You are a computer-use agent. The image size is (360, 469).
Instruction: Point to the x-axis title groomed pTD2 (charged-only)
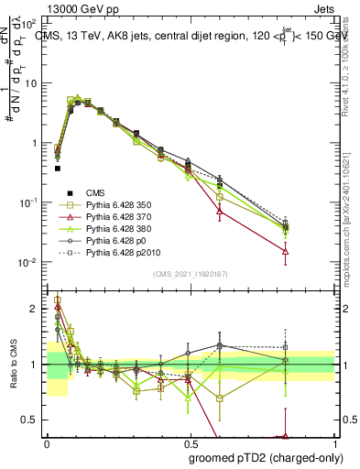click(x=272, y=457)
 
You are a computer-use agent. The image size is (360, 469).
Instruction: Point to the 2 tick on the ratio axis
click(x=36, y=309)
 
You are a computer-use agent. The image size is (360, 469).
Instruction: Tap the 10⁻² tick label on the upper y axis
click(x=29, y=262)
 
